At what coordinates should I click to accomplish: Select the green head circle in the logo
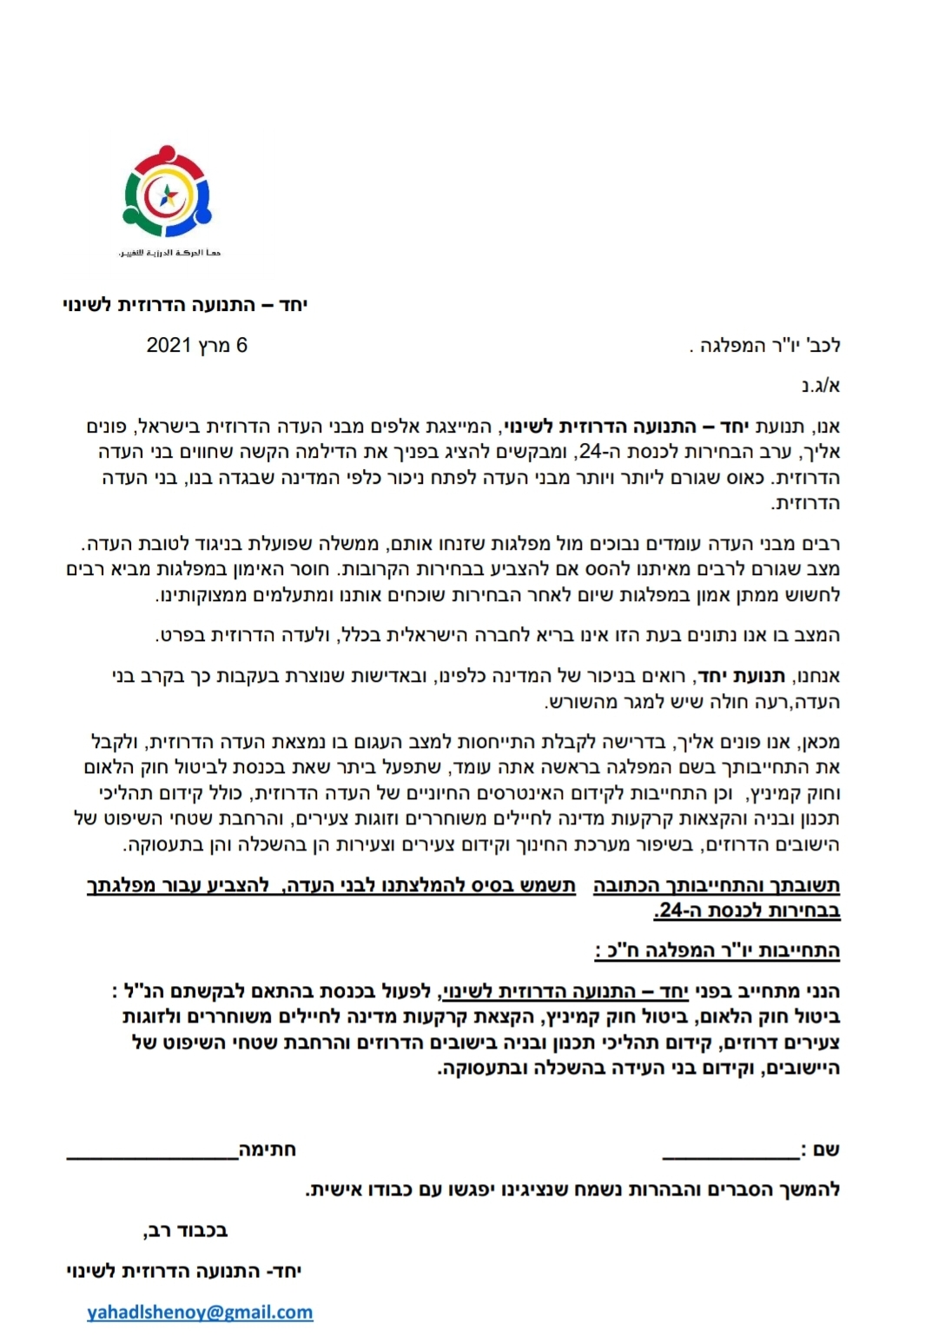pyautogui.click(x=129, y=211)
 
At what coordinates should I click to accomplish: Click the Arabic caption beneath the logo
pyautogui.click(x=169, y=253)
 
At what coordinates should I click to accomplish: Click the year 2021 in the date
pyautogui.click(x=168, y=346)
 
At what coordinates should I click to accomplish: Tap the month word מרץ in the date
pyautogui.click(x=214, y=346)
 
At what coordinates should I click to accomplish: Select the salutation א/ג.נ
pyautogui.click(x=820, y=386)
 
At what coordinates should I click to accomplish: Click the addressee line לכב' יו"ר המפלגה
pyautogui.click(x=764, y=346)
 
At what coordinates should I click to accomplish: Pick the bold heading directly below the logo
pyautogui.click(x=186, y=305)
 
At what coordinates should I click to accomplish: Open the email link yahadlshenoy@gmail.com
pyautogui.click(x=200, y=1312)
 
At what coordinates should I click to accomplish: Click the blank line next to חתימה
pyautogui.click(x=153, y=1154)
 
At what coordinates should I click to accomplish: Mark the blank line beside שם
pyautogui.click(x=730, y=1154)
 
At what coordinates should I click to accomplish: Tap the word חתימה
pyautogui.click(x=268, y=1150)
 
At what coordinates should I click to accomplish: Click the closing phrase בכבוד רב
pyautogui.click(x=186, y=1230)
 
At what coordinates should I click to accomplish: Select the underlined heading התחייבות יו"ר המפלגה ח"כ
pyautogui.click(x=717, y=950)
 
